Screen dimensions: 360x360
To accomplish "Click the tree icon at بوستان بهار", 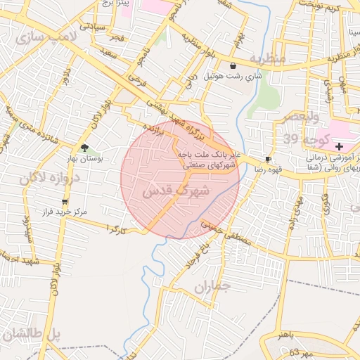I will click(85, 148).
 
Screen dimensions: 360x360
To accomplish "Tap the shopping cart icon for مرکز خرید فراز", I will click(65, 202).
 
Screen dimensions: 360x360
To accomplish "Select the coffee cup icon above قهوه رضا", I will click(268, 159).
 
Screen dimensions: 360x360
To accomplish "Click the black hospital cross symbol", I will click(340, 146).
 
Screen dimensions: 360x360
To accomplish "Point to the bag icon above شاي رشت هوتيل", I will click(233, 65).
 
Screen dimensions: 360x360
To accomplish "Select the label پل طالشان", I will click(32, 335).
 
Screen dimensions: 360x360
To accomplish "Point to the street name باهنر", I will click(289, 336).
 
